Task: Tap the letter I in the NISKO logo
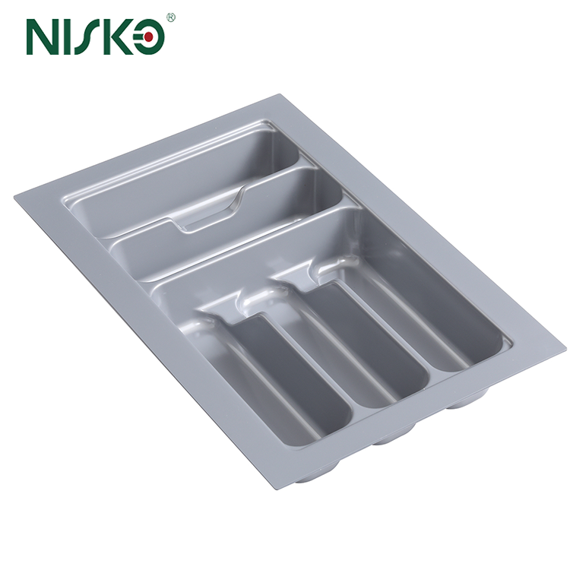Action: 72,36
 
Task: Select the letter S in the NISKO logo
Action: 95,36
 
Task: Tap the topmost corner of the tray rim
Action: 279,96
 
